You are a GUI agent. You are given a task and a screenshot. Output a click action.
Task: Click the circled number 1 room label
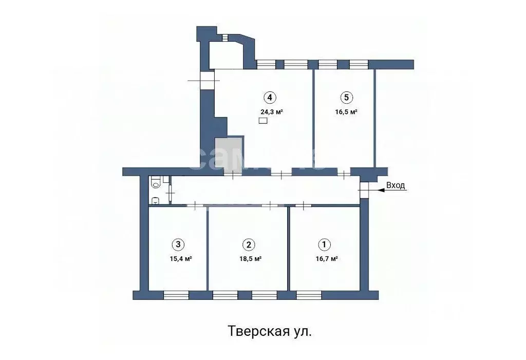coord(324,244)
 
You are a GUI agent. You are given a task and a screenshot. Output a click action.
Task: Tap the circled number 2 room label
coord(249,244)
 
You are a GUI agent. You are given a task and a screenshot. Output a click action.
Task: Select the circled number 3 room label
coord(178,244)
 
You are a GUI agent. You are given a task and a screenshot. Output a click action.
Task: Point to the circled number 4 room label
coord(269,97)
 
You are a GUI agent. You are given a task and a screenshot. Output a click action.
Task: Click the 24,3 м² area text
coord(272,111)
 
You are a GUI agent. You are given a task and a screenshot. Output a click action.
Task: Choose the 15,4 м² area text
coord(180,259)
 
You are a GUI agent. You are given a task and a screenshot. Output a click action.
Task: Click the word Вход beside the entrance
coord(396,185)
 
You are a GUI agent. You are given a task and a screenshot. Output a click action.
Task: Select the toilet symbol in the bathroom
coord(156,181)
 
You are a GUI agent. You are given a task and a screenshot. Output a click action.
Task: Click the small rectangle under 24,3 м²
coord(263,121)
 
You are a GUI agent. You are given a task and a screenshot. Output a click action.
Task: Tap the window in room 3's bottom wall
coord(176,295)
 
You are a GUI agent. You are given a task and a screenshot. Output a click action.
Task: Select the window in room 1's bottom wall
coord(309,295)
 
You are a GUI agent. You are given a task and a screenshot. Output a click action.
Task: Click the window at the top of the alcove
coord(225,37)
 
